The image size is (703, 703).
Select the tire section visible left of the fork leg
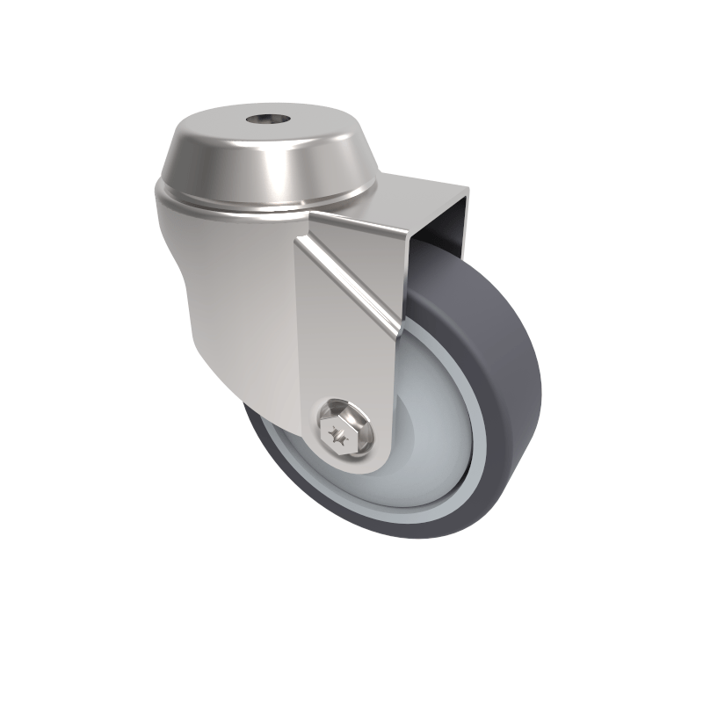pyautogui.click(x=264, y=439)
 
